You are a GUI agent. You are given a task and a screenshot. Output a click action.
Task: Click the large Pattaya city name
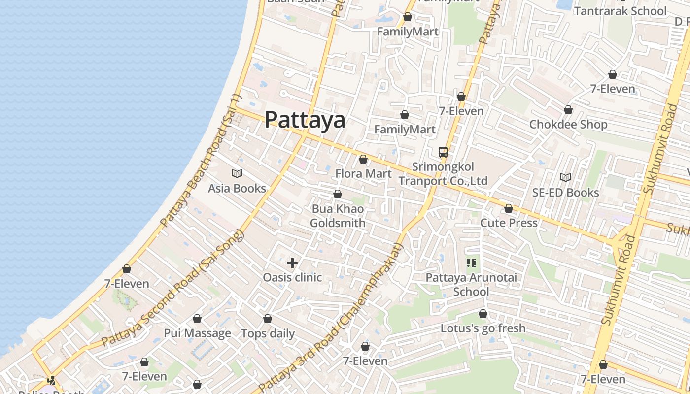tap(305, 120)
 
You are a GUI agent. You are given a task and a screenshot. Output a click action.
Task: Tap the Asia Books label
tap(237, 188)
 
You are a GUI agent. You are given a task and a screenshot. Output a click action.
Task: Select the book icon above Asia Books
tap(237, 173)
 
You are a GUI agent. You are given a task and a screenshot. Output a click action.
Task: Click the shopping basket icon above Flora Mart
tap(363, 159)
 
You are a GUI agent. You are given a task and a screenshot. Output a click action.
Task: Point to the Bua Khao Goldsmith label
tap(338, 216)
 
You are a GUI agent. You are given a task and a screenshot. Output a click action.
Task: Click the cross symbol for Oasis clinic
tap(292, 263)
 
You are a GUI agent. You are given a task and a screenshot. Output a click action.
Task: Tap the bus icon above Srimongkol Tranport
tap(443, 152)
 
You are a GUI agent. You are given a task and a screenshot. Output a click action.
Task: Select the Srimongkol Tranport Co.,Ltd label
tap(443, 174)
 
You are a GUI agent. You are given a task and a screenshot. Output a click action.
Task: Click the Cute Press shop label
tap(509, 223)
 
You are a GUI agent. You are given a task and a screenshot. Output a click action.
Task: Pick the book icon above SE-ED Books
tap(566, 177)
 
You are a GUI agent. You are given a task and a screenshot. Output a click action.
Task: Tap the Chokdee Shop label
tap(568, 124)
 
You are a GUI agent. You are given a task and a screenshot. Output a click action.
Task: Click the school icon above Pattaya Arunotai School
tap(471, 263)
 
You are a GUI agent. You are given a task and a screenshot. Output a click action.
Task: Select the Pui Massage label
tap(197, 333)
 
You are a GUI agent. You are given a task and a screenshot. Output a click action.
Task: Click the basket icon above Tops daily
tap(268, 319)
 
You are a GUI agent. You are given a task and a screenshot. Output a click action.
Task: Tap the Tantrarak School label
tap(620, 11)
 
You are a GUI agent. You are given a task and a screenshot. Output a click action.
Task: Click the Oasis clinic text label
tap(292, 277)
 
